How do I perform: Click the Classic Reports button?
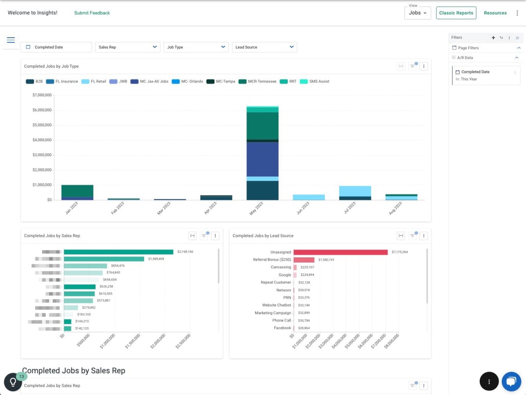456,13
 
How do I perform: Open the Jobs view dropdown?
417,13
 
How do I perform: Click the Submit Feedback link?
92,13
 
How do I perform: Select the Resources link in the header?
495,13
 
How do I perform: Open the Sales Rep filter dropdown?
127,47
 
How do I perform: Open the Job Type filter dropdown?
196,47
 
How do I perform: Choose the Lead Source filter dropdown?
264,47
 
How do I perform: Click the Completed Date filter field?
56,47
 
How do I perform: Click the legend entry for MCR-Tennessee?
258,81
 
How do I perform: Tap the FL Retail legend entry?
94,81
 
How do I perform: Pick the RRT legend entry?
288,81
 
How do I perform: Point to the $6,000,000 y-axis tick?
42,110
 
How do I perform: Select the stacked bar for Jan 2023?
77,192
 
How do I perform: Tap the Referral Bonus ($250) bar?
304,260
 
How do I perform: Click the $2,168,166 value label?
185,252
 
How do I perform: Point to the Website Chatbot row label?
276,305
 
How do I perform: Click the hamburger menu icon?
11,40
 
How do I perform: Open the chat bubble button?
511,381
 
